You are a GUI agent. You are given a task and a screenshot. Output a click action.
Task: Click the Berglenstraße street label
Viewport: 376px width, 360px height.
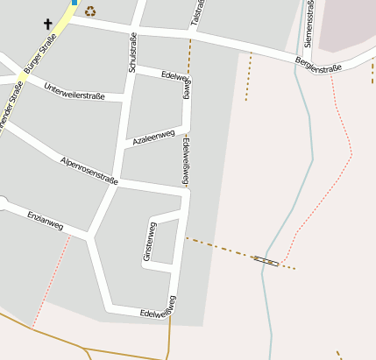click(x=318, y=64)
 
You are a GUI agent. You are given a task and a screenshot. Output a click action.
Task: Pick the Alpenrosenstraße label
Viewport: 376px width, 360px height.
click(x=88, y=169)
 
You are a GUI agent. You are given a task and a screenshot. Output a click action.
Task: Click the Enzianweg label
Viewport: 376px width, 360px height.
click(x=46, y=220)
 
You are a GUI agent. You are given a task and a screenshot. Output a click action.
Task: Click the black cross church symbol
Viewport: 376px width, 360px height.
click(x=47, y=25)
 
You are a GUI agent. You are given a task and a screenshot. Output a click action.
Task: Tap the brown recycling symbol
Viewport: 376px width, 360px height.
click(x=89, y=11)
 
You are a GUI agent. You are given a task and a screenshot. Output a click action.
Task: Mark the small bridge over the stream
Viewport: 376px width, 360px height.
click(x=266, y=260)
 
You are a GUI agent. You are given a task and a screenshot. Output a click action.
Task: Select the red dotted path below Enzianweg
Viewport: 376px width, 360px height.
click(x=51, y=280)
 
